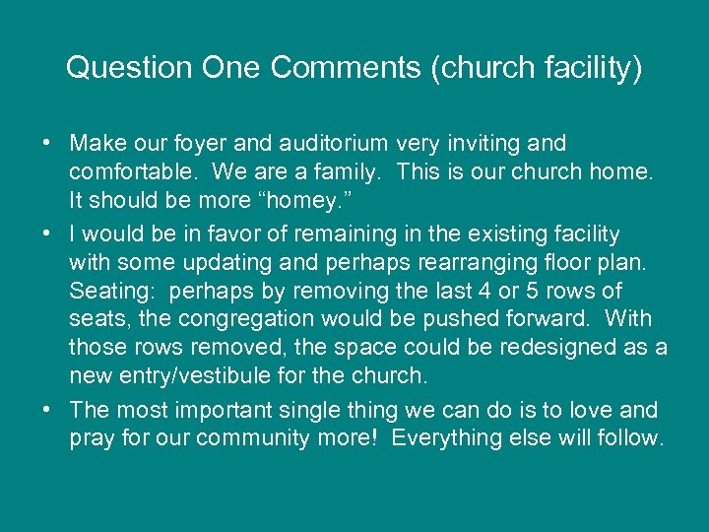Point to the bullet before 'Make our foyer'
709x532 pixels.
47,144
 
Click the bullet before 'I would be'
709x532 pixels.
47,233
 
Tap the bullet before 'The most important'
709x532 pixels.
47,409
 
